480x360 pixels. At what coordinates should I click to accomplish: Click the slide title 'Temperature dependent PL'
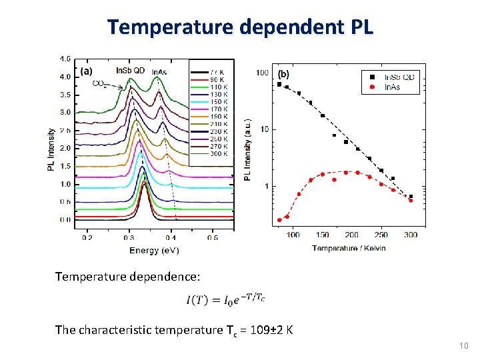point(241,27)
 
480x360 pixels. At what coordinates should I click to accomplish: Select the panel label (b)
point(283,73)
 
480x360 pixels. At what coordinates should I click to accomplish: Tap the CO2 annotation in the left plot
point(101,84)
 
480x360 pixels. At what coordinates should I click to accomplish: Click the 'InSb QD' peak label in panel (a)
point(131,71)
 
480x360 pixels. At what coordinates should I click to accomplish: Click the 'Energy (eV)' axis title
point(154,250)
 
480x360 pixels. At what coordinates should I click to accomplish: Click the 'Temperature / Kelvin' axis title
point(349,248)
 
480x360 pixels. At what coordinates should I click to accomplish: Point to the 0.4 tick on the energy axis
point(171,237)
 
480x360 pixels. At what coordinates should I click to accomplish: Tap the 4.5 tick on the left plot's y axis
point(65,59)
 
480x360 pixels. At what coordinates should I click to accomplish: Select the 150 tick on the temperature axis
point(323,235)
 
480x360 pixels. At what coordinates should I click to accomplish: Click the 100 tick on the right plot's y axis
point(263,72)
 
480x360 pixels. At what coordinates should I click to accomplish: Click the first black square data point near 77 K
point(279,84)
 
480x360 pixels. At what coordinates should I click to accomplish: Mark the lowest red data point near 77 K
point(279,220)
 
